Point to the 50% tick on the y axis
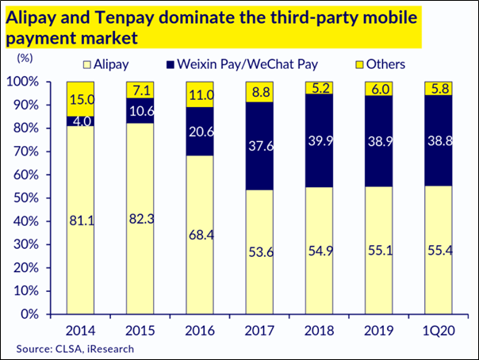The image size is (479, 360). tap(36, 198)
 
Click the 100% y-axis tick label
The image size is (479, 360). tap(33, 82)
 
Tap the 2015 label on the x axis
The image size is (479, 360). tap(140, 327)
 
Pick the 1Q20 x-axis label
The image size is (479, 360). tap(439, 327)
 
